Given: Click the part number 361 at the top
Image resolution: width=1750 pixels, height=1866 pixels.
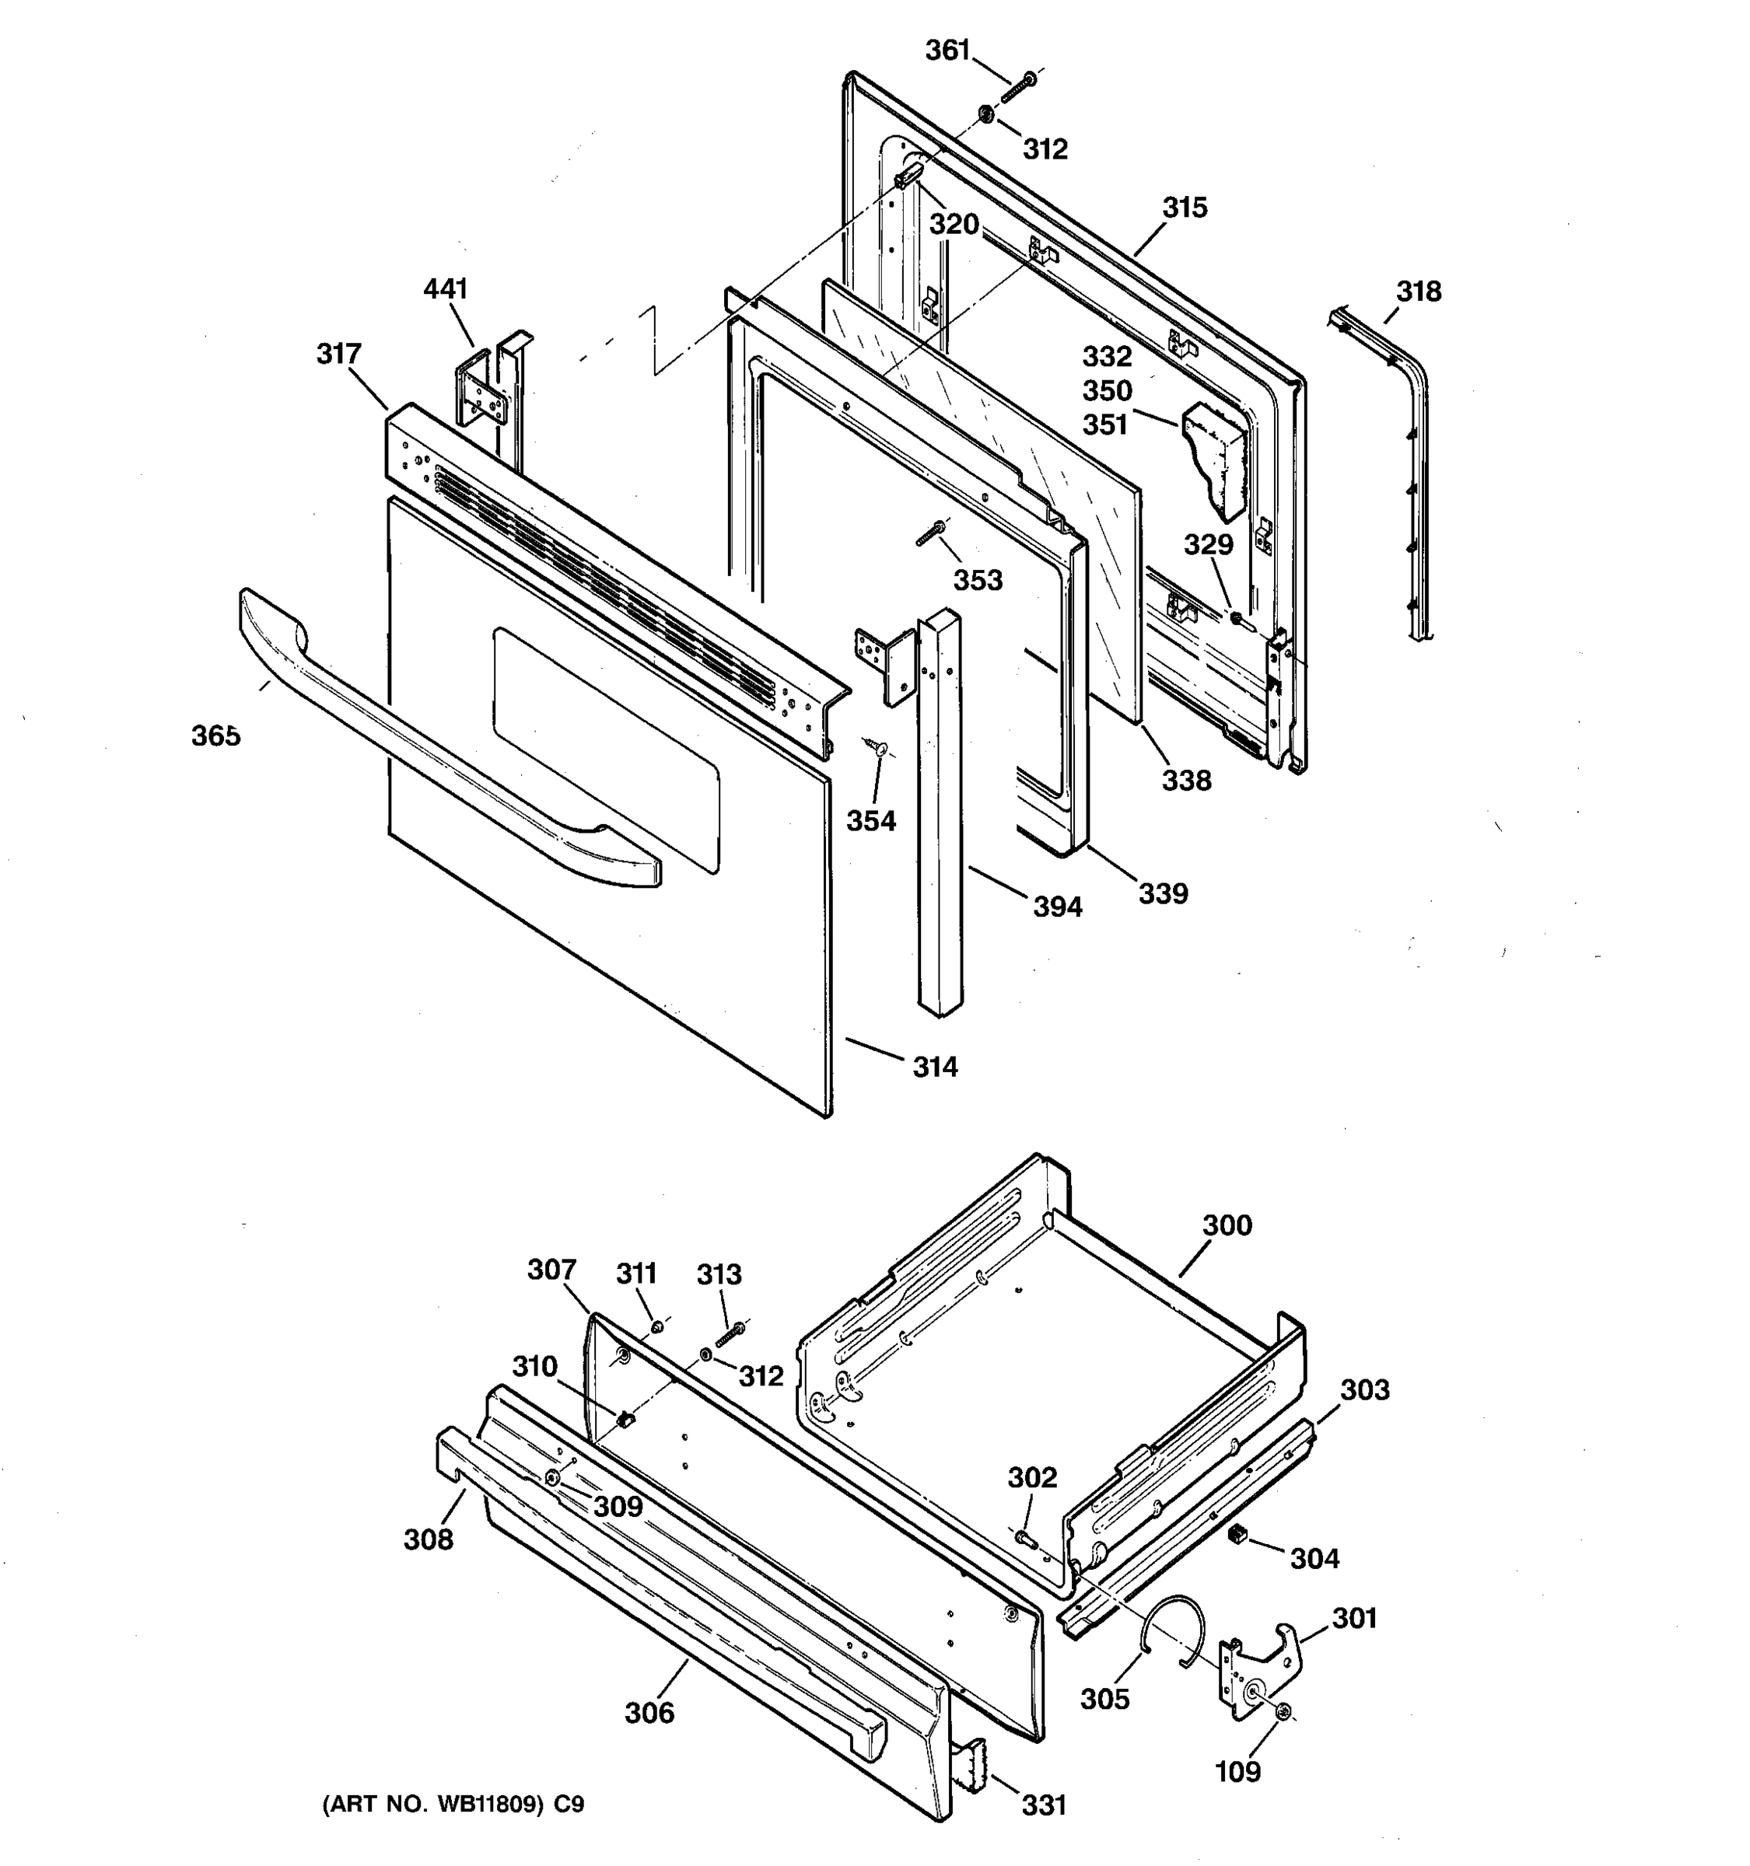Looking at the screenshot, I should click(x=947, y=51).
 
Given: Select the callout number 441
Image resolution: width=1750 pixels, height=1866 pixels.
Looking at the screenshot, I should click(x=445, y=288).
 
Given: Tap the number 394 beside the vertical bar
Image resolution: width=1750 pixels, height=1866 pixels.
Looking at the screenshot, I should click(x=1057, y=907).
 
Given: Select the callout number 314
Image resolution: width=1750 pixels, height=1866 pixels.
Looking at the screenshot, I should click(x=935, y=1066).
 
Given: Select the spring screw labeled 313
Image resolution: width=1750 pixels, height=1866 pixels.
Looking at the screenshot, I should click(x=730, y=1333).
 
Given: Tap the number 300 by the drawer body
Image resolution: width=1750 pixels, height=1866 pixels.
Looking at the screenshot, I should click(x=1227, y=1225).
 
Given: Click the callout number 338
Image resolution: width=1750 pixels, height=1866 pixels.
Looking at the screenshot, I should click(x=1187, y=780).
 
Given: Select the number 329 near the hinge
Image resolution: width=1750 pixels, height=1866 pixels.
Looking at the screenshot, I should click(x=1209, y=543).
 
